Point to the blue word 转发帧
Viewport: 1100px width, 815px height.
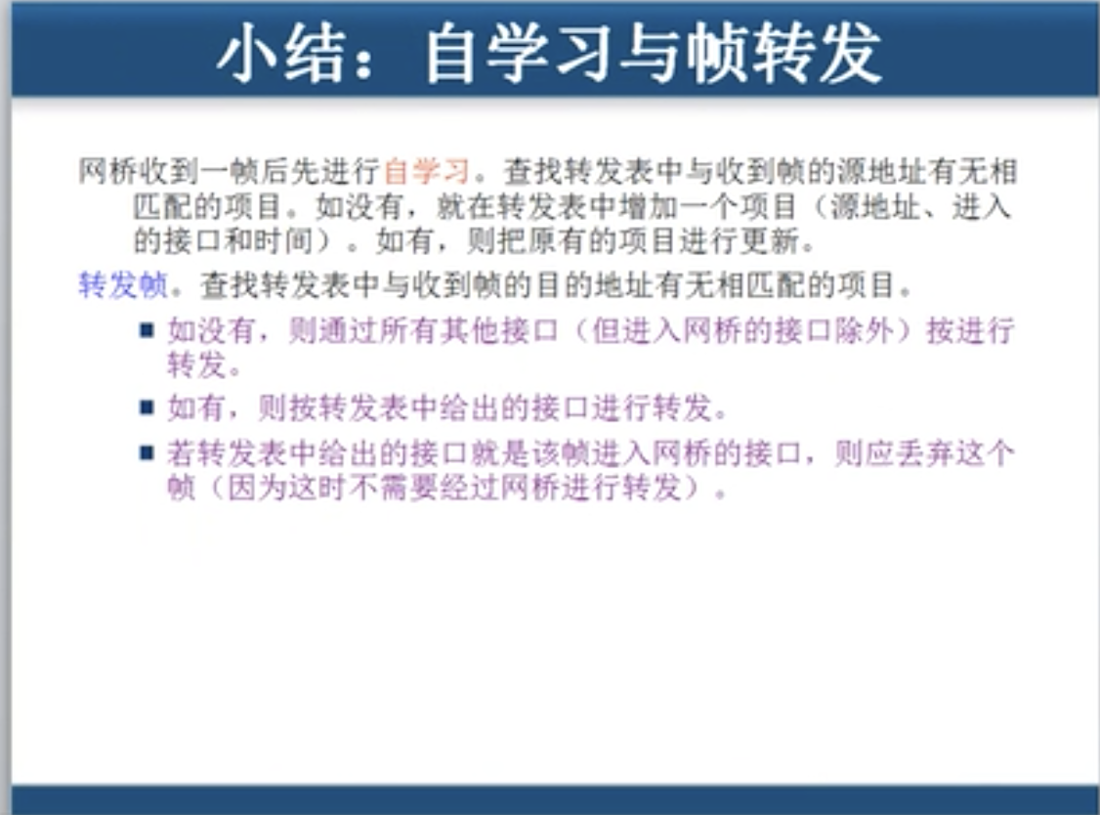122,285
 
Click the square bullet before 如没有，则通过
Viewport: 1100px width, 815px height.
147,330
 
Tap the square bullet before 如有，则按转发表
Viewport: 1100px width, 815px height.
147,406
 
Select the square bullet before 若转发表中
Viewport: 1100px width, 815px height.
147,452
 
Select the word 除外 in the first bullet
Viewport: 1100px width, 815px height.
865,331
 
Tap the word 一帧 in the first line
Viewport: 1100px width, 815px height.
227,173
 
